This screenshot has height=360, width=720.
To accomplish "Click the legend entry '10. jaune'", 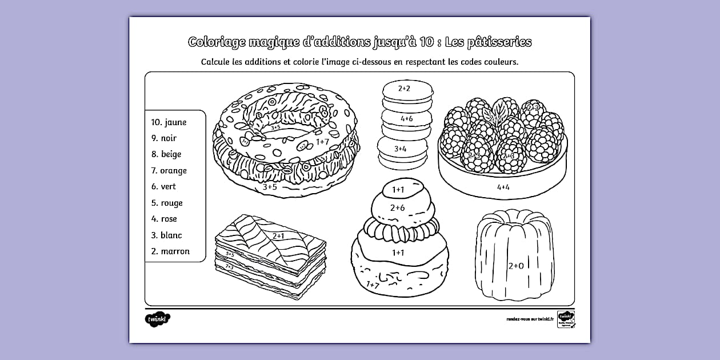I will [x=169, y=122].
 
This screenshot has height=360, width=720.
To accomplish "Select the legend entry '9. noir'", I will [x=164, y=138].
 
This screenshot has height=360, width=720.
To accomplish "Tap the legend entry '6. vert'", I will [x=163, y=186].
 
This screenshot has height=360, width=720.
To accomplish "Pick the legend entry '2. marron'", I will [x=170, y=251].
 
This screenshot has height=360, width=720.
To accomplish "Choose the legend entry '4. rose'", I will [x=164, y=219].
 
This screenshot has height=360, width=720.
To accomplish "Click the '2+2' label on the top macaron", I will [x=405, y=89].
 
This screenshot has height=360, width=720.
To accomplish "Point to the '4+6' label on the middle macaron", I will [x=406, y=118].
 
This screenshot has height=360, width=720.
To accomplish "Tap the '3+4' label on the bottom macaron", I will [x=400, y=149].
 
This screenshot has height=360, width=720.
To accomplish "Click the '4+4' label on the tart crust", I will [x=503, y=187].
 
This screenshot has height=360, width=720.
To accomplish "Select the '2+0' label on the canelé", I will [x=516, y=265].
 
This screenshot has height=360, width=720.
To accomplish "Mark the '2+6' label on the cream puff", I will [x=397, y=208].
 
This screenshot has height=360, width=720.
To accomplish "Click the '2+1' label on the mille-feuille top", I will [x=279, y=235].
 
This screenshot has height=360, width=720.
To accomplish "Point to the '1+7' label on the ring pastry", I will [x=322, y=141].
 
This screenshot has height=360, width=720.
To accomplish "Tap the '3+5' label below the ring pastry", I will [x=270, y=186].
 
